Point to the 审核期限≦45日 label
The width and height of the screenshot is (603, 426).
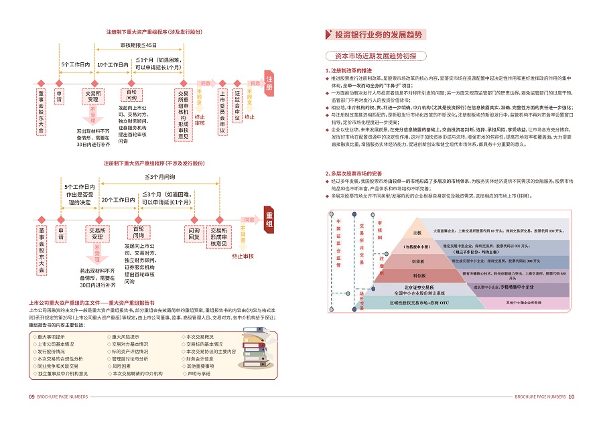coord(139,45)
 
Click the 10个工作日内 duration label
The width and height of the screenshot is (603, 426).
coord(113,64)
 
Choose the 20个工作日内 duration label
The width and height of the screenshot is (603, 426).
coord(117,200)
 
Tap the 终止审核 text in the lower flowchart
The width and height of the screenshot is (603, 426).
coord(242,257)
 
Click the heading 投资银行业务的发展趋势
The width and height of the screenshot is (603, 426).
coord(378,34)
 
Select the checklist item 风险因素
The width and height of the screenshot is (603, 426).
coord(121,366)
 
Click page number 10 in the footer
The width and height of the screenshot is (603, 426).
coord(572,397)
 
